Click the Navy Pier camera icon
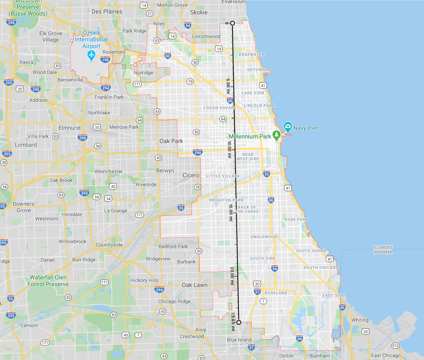(287, 127)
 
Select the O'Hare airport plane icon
(92, 55)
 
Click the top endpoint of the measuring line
(232, 23)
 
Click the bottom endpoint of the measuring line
(239, 322)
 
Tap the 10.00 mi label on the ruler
(229, 150)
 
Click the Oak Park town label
(171, 141)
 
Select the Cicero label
(191, 175)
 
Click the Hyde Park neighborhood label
(296, 220)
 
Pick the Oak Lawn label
(194, 285)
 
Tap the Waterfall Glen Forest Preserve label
(48, 281)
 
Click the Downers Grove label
(23, 207)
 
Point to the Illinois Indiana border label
(383, 249)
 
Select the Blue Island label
(239, 339)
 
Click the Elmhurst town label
(70, 128)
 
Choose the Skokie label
(199, 13)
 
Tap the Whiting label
(360, 320)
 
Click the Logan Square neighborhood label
(220, 108)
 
